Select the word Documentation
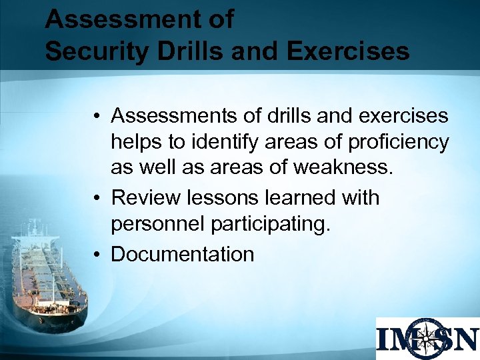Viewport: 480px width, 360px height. point(183,254)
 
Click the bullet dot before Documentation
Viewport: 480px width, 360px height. point(97,255)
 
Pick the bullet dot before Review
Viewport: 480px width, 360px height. point(97,199)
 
